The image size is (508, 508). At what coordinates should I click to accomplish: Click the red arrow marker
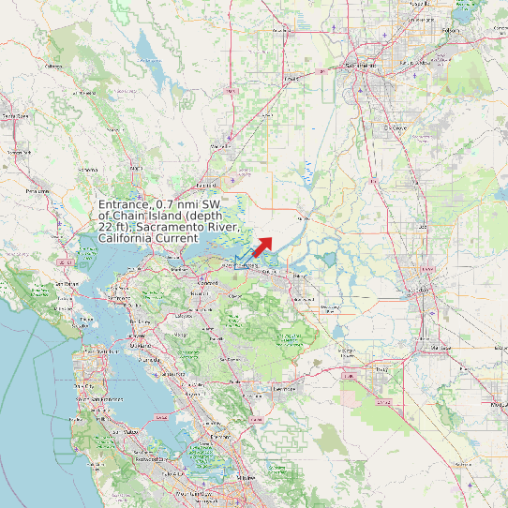click(x=261, y=246)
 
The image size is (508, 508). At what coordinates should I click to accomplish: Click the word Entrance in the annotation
click(x=124, y=203)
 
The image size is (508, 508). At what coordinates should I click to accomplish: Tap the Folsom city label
click(x=449, y=30)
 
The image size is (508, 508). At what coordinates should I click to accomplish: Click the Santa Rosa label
click(x=14, y=115)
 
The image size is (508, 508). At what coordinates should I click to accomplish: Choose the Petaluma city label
click(x=37, y=190)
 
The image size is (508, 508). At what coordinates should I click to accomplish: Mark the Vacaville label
click(x=222, y=146)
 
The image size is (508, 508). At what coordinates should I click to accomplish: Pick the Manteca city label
click(x=438, y=348)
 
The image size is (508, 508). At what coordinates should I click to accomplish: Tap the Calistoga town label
click(x=53, y=67)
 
